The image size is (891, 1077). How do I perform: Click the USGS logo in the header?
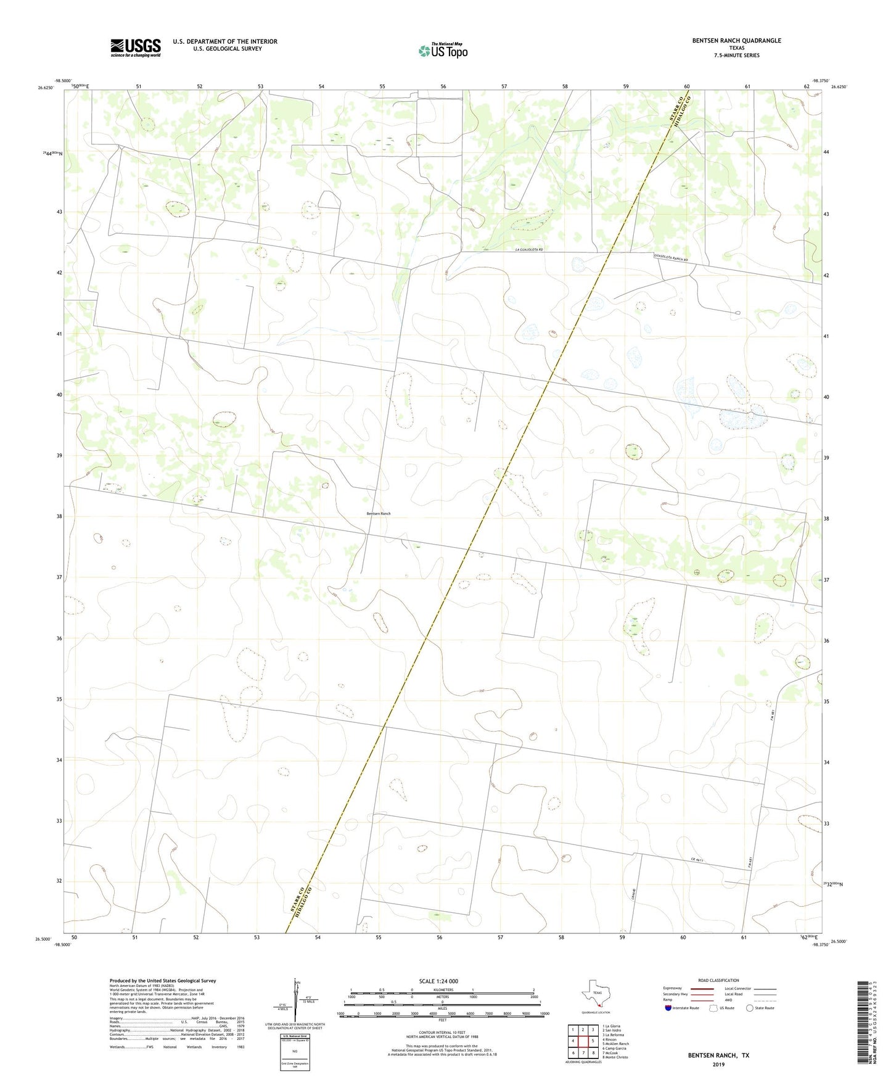coord(136,47)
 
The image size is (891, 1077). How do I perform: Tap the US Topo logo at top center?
coord(443,50)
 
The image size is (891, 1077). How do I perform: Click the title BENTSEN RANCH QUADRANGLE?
coord(736,41)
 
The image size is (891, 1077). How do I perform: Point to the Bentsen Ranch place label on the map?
coord(378,513)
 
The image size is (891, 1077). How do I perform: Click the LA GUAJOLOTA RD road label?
coord(529,249)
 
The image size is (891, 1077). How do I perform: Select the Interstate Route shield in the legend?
coord(668,1008)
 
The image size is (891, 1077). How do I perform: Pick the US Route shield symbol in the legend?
coord(713,1008)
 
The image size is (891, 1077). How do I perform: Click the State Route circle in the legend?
coord(750,1008)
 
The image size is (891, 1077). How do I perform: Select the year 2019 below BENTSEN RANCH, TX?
coord(718,1065)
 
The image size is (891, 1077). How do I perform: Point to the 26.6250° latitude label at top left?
coord(46,88)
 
